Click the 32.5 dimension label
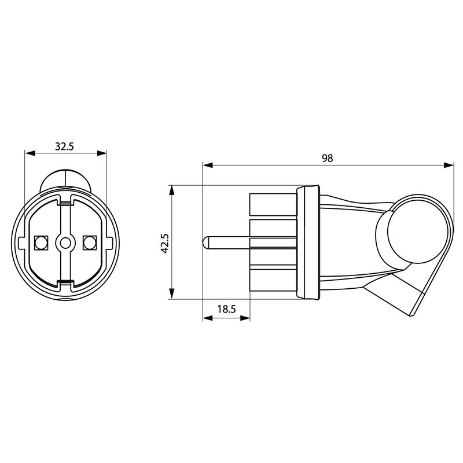[64, 146]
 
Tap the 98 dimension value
[327, 158]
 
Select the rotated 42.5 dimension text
[164, 243]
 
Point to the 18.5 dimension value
[226, 309]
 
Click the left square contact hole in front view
[41, 242]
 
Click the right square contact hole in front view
[90, 242]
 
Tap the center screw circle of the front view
[65, 243]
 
